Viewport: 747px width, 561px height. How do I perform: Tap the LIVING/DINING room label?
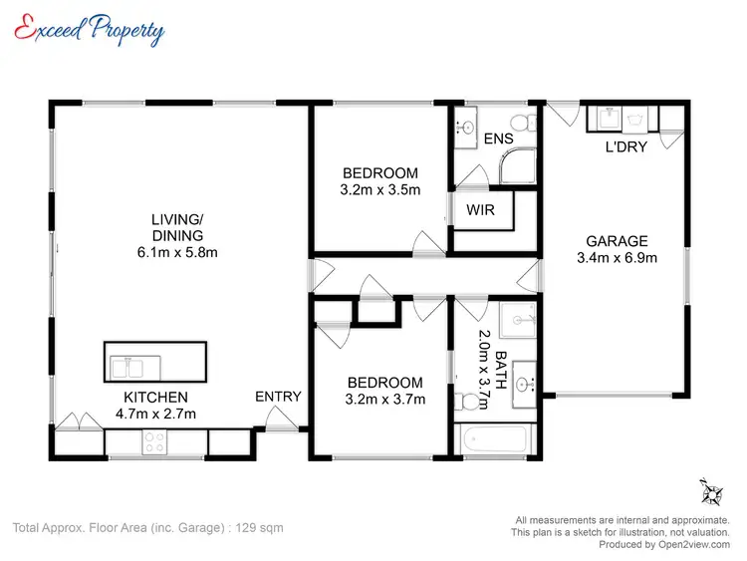177,228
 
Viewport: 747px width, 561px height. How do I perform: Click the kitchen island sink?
126,368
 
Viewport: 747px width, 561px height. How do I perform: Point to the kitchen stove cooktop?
156,441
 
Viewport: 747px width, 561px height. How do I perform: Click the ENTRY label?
278,397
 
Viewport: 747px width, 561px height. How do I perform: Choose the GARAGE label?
617,241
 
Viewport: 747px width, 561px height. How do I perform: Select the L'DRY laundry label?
627,147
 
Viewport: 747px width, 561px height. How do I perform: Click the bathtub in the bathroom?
498,440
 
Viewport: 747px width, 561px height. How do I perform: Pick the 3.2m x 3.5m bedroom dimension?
379,189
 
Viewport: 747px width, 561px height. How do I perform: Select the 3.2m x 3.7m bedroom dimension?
384,400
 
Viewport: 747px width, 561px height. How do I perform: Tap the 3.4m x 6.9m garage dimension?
617,257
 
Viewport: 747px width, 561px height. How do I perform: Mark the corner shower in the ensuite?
517,169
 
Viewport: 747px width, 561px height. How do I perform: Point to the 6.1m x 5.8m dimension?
177,252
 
